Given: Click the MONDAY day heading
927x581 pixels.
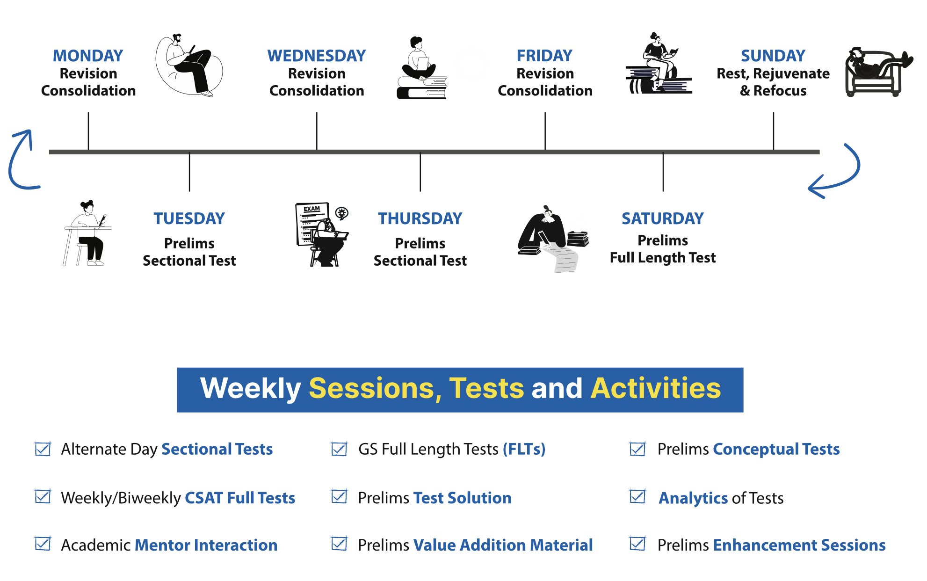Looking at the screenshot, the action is coord(88,56).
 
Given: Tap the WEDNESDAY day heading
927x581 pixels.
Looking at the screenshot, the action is coord(317,56).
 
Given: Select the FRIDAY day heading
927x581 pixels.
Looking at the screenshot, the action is coord(544,56).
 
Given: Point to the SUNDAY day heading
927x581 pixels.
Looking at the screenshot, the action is coord(773,56).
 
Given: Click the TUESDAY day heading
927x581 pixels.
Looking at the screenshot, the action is coord(189,218).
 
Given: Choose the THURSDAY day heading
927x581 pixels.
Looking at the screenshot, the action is coord(420,218).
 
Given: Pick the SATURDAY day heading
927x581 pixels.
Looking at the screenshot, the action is coord(663,218).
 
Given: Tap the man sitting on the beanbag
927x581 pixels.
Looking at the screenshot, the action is coord(189,65).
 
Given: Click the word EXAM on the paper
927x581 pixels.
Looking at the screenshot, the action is coord(312,209).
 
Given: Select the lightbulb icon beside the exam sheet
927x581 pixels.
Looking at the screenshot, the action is coord(342,213).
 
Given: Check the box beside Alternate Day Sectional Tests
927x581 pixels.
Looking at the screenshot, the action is coord(43,449).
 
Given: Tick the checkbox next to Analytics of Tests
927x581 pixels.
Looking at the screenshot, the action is coord(637,496).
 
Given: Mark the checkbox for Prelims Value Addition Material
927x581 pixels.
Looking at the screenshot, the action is coord(339,544).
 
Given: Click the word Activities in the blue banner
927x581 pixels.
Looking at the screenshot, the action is coord(656,388).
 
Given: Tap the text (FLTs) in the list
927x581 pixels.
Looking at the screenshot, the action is coord(524,449).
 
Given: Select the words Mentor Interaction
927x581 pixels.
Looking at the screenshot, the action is coord(206,545).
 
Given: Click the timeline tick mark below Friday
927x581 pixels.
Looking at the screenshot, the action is coord(545,131).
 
